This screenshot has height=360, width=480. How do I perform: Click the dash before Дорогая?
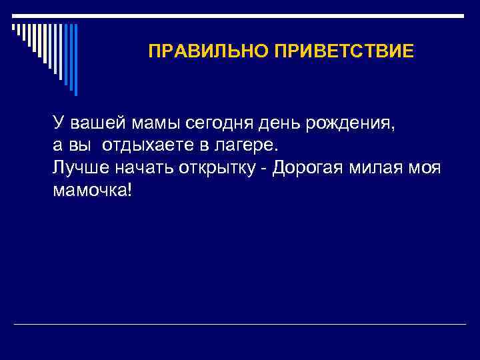pos(265,167)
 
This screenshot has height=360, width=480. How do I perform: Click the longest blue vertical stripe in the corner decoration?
pos(75,59)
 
